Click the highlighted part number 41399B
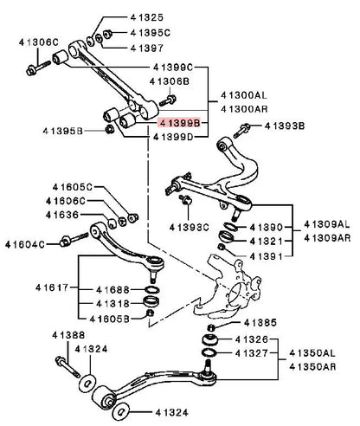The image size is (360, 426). pos(179,123)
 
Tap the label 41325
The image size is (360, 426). pos(147,17)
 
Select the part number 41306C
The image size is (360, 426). pos(39,42)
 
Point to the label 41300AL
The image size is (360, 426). pos(244,95)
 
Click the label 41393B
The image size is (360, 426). pos(285,126)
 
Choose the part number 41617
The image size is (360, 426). pos(52,287)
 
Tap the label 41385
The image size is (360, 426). pos(260,323)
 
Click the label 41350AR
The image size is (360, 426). pos(312,367)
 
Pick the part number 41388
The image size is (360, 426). pos(68,335)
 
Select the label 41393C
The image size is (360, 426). pos(189,228)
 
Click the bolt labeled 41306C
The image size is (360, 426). pos(38,68)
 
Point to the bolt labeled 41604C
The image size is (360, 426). pos(74,239)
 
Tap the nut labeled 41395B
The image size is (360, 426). pos(109,129)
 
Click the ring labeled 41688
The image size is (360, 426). pos(151,289)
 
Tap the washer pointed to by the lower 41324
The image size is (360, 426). pos(121,411)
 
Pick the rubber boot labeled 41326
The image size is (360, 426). pos(210,339)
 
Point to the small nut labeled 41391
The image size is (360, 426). pos(222,247)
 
